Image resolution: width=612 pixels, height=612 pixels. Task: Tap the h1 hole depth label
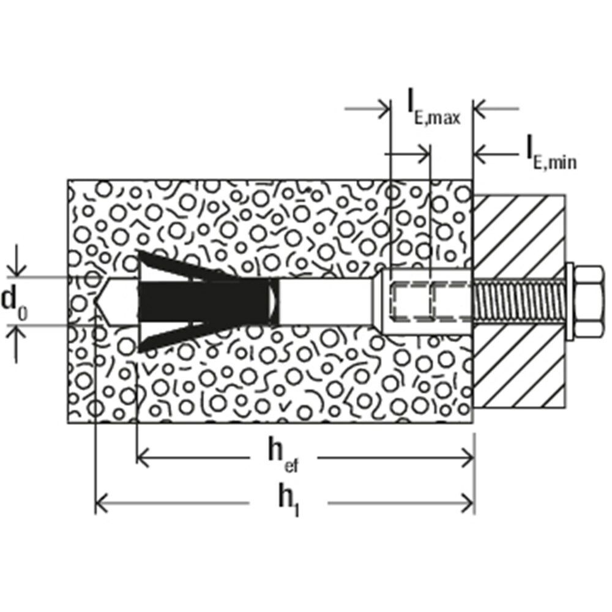tap(285, 503)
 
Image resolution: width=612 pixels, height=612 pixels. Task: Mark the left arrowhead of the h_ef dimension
tap(141, 456)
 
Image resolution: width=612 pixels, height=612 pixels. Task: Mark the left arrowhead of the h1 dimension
tap(102, 504)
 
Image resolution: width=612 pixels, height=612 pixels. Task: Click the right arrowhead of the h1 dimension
tap(469, 504)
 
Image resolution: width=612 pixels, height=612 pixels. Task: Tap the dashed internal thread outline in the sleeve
tap(428, 300)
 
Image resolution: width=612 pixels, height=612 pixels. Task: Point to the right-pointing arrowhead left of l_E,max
tap(384, 110)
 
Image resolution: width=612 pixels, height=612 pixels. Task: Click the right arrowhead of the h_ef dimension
tap(469, 456)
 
